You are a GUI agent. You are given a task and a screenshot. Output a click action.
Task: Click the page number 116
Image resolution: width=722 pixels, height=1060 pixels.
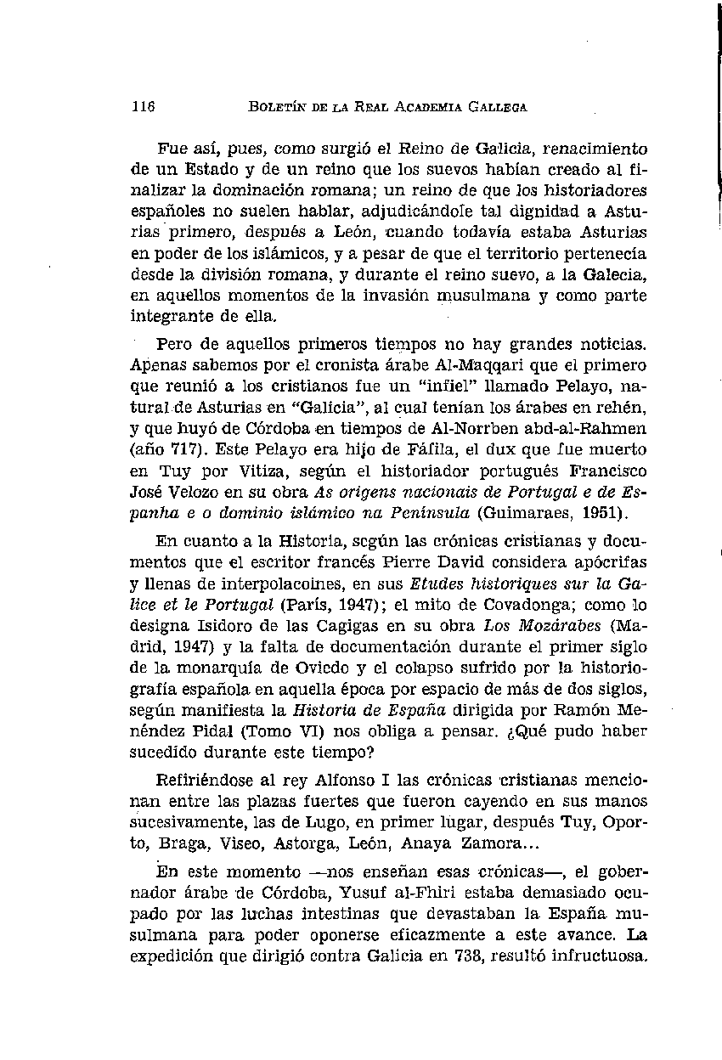point(142,108)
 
